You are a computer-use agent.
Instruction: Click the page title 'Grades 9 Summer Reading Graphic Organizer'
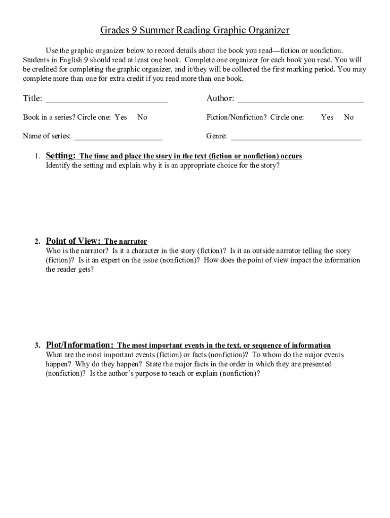[x=195, y=31]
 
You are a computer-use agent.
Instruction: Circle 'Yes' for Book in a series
[x=121, y=117]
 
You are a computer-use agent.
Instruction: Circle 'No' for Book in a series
[x=142, y=117]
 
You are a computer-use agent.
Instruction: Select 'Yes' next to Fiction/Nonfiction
[x=327, y=117]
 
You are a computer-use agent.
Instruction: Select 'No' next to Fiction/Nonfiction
[x=348, y=117]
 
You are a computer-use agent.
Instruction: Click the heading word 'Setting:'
[x=61, y=156]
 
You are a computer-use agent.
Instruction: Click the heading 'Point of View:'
[x=73, y=241]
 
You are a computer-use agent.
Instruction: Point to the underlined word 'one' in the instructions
[x=157, y=60]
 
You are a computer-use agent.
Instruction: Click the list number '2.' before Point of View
[x=37, y=242]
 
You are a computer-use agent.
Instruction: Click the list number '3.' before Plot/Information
[x=37, y=346]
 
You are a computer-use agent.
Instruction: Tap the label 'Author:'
[x=220, y=99]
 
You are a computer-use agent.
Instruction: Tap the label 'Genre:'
[x=216, y=136]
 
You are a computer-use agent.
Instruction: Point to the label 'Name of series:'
[x=47, y=136]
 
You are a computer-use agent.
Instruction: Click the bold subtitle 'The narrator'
[x=126, y=242]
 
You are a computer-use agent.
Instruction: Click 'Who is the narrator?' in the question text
[x=76, y=251]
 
